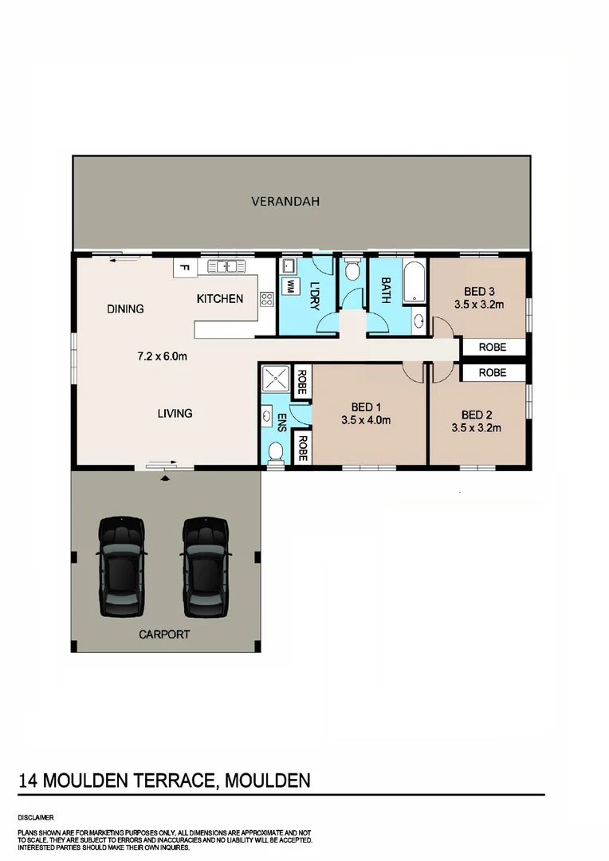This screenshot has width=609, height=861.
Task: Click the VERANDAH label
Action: point(285,202)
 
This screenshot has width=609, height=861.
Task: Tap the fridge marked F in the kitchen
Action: point(183,268)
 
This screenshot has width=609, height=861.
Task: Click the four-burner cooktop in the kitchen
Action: point(266,300)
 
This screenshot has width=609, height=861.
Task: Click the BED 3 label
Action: point(478,291)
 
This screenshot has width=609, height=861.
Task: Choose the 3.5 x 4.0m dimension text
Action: point(365,420)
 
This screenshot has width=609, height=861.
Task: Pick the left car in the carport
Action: point(122,556)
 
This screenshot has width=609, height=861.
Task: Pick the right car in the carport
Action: point(206,556)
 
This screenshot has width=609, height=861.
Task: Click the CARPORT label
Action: point(164,635)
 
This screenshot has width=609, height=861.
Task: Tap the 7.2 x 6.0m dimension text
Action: point(163,356)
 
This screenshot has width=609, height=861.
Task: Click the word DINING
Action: point(125,309)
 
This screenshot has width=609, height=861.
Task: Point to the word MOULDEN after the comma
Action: point(268,780)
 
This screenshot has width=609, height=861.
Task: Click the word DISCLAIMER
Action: point(35,817)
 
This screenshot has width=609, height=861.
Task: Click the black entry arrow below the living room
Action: point(165,478)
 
